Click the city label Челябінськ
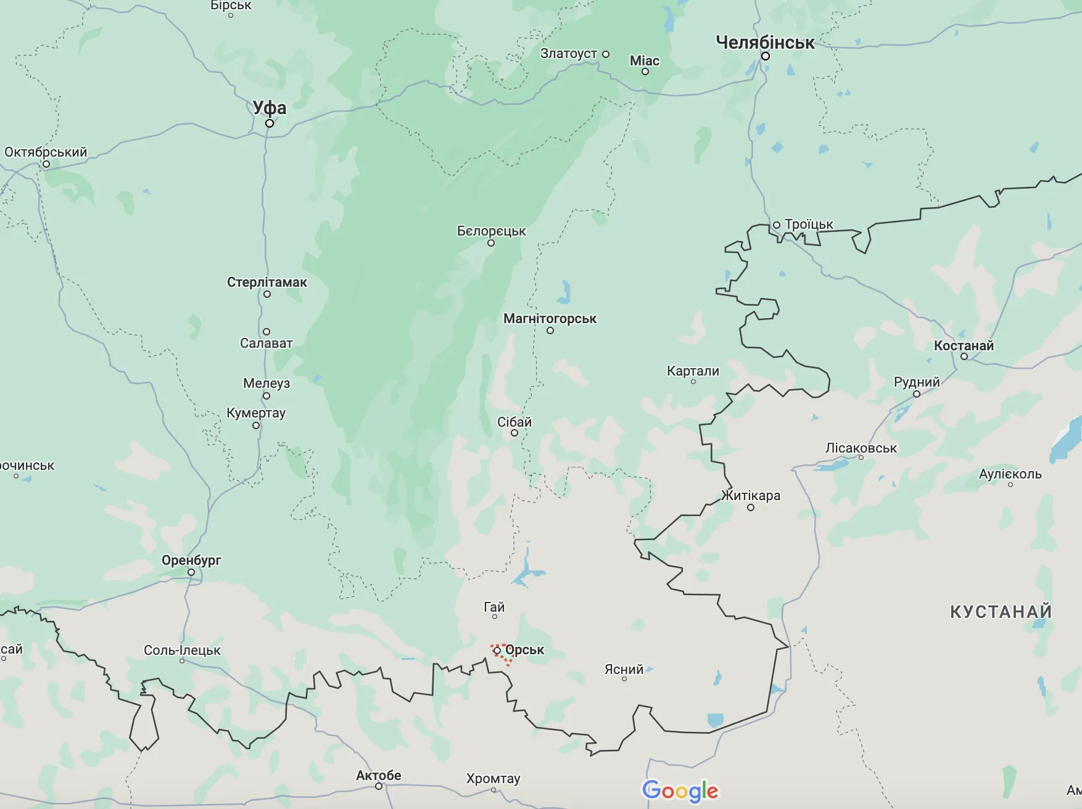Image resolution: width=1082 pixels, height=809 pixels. (x=765, y=43)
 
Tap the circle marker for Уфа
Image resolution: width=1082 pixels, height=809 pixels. (x=270, y=123)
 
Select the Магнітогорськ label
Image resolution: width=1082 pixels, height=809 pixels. (x=550, y=319)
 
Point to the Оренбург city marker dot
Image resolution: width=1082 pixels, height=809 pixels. (x=191, y=572)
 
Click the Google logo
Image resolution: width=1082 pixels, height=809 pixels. (x=680, y=791)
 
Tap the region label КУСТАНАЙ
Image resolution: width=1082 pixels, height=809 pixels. (x=1001, y=612)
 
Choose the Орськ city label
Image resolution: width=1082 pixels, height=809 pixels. (x=524, y=650)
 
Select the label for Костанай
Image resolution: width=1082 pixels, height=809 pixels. (x=964, y=345)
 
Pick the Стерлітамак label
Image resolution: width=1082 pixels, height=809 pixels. (x=266, y=282)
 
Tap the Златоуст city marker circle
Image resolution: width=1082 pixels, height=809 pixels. (x=606, y=54)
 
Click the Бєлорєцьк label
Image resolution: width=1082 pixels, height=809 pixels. (x=491, y=231)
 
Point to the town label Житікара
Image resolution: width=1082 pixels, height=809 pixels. (x=751, y=496)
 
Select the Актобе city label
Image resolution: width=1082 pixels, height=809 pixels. (x=378, y=775)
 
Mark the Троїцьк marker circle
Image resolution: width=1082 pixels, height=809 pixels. (x=777, y=225)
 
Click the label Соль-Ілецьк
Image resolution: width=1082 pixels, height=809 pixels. (x=182, y=650)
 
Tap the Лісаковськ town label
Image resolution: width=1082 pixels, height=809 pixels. (x=861, y=448)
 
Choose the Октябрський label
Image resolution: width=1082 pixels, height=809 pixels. (x=46, y=152)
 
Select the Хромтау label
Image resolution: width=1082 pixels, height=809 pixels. (x=493, y=778)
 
